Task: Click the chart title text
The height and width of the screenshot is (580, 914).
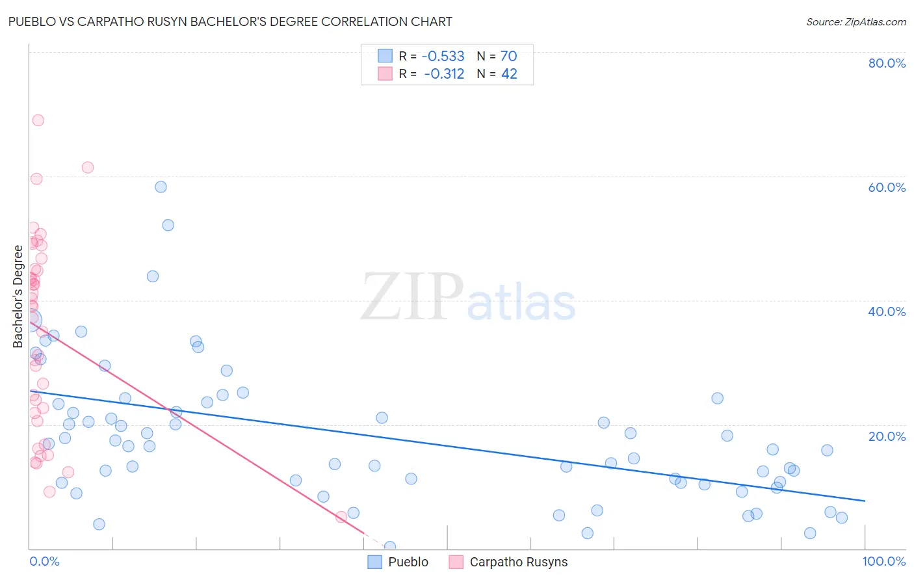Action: pos(230,21)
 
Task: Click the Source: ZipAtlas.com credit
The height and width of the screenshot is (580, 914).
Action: pos(855,21)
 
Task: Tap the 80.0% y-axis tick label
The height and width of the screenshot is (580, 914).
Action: pos(887,63)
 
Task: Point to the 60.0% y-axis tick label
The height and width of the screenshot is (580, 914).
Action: pos(887,187)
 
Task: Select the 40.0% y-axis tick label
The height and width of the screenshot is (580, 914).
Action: pos(887,311)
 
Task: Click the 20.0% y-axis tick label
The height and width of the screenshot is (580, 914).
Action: pos(887,436)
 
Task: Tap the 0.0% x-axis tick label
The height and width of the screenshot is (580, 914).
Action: pos(44,561)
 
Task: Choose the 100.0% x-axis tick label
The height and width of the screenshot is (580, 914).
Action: pos(883,561)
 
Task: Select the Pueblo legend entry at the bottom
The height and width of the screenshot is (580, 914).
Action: pos(398,562)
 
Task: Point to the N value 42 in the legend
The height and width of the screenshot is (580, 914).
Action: pos(509,74)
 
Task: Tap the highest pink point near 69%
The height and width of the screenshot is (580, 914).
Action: pos(38,120)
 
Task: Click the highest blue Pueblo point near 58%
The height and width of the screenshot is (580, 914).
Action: pos(161,187)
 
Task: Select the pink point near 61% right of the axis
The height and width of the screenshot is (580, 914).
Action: pos(88,167)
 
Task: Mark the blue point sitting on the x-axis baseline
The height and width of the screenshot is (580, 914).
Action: pos(390,547)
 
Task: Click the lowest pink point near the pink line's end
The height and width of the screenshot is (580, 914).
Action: pos(341,517)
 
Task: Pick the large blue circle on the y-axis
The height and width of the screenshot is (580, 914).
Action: pos(30,320)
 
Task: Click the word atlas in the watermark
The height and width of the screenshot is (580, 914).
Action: pos(521,303)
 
